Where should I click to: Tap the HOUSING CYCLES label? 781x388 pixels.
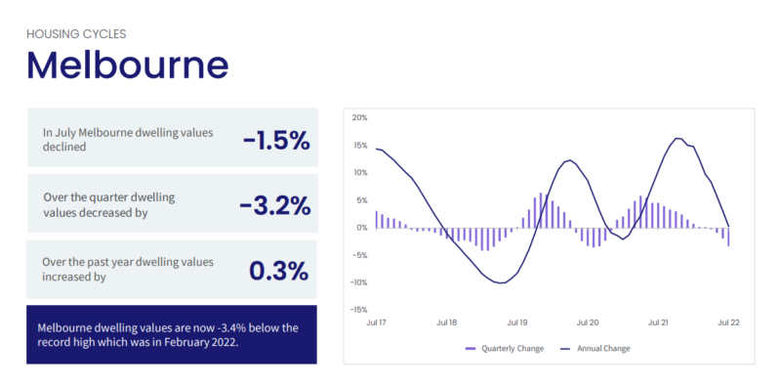tap(76, 33)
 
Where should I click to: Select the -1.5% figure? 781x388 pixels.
tap(276, 140)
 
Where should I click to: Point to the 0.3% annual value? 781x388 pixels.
tap(279, 270)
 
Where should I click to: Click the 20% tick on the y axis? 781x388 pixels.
tap(359, 118)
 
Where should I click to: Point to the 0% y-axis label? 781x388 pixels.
tap(361, 228)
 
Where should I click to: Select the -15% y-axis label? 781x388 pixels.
tap(358, 310)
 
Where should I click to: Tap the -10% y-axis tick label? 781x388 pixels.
tap(358, 282)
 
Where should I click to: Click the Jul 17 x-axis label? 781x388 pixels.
tap(377, 322)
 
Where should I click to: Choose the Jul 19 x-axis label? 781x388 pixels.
tap(517, 322)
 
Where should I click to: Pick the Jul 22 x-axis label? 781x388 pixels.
tap(728, 322)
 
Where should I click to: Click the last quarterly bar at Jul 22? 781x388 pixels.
tap(728, 236)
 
